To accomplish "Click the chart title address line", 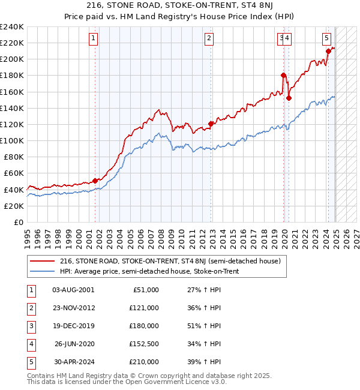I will pos(180,7).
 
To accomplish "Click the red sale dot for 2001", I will pos(95,181).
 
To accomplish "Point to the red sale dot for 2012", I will pos(211,124).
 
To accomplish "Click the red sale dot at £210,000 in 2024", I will pos(328,51).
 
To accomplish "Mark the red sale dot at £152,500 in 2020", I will pos(289,98).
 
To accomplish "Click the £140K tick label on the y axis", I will pos(12,108).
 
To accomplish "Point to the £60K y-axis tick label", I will pos(14,173).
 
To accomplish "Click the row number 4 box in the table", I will pos(31,344).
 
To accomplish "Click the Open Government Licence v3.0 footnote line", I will pos(127,382).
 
